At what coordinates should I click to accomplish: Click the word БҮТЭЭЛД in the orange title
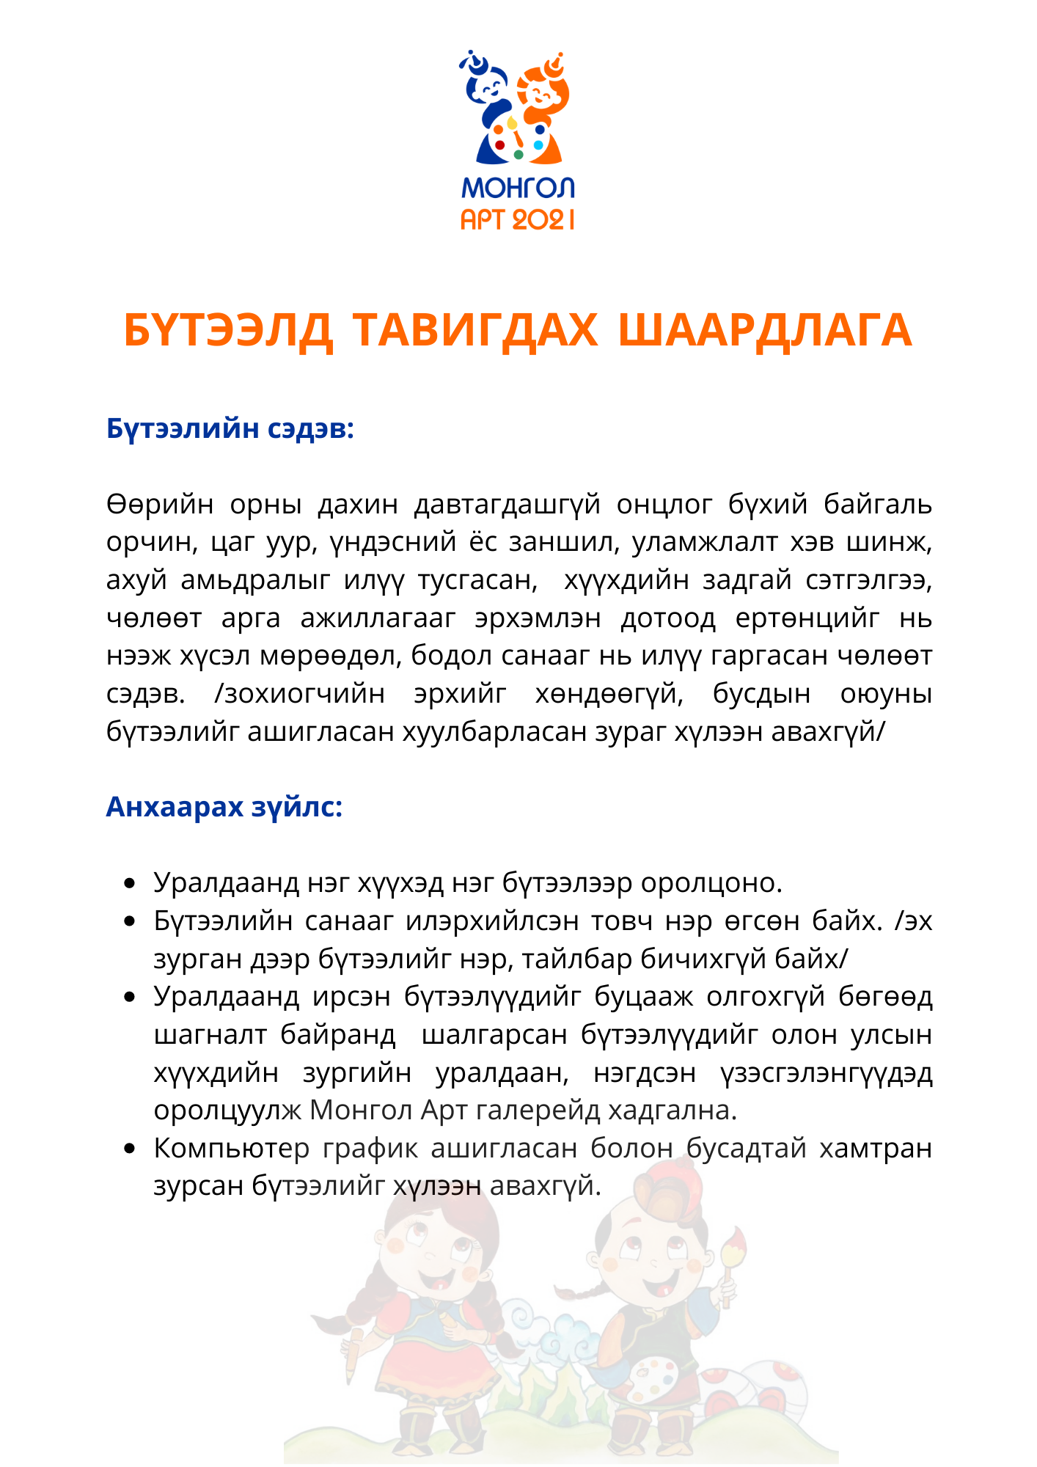[228, 331]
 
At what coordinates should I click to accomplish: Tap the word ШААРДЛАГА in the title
[765, 331]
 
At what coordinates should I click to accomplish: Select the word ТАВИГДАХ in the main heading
[475, 331]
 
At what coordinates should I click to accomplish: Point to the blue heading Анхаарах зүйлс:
[224, 807]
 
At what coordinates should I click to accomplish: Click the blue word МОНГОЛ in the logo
[518, 189]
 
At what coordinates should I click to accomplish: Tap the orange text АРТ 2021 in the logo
[518, 219]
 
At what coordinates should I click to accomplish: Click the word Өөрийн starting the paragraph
[160, 505]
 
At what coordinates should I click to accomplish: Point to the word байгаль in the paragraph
[878, 505]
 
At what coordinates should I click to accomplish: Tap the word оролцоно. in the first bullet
[711, 883]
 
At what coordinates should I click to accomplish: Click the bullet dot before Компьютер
[130, 1149]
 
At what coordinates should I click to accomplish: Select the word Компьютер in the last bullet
[232, 1149]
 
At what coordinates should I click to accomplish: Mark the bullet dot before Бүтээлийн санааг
[130, 921]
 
